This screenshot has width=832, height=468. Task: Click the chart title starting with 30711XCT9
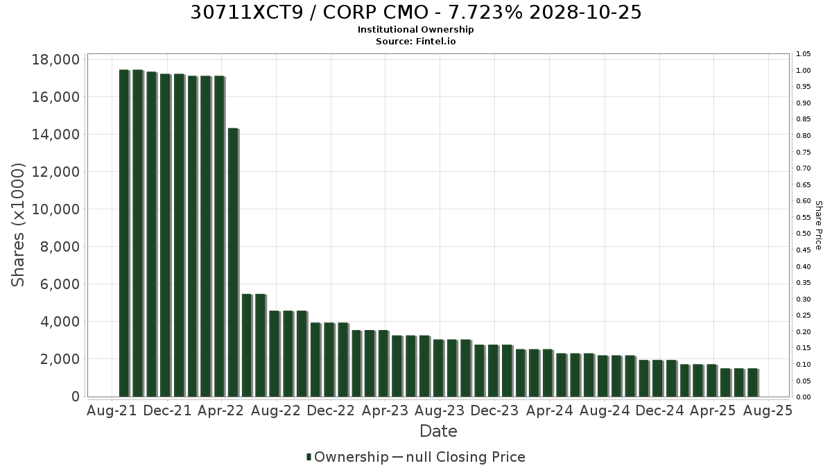(415, 12)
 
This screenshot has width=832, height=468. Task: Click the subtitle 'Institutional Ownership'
(415, 30)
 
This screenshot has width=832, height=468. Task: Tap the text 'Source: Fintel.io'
(415, 41)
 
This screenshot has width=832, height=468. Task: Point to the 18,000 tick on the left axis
(55, 60)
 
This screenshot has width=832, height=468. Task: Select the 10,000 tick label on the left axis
(55, 209)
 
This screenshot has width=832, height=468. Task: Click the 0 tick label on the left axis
(76, 397)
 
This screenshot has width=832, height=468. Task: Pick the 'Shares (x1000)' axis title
(17, 225)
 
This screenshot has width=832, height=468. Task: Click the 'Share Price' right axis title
(818, 225)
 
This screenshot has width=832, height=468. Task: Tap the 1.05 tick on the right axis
(804, 54)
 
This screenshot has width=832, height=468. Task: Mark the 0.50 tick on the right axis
(804, 234)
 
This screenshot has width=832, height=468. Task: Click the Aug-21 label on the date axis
(112, 410)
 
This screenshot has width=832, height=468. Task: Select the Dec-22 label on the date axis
(331, 410)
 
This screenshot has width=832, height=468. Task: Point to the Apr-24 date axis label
(550, 410)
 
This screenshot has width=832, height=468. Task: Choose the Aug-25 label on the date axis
(768, 410)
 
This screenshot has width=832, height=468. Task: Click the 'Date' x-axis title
(438, 431)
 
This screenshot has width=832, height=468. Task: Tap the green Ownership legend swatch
(309, 457)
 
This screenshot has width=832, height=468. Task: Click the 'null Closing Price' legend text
(466, 457)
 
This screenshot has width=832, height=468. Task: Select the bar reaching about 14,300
(233, 262)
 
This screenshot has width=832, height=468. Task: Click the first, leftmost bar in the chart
(123, 233)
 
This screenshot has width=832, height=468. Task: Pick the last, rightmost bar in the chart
(752, 383)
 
